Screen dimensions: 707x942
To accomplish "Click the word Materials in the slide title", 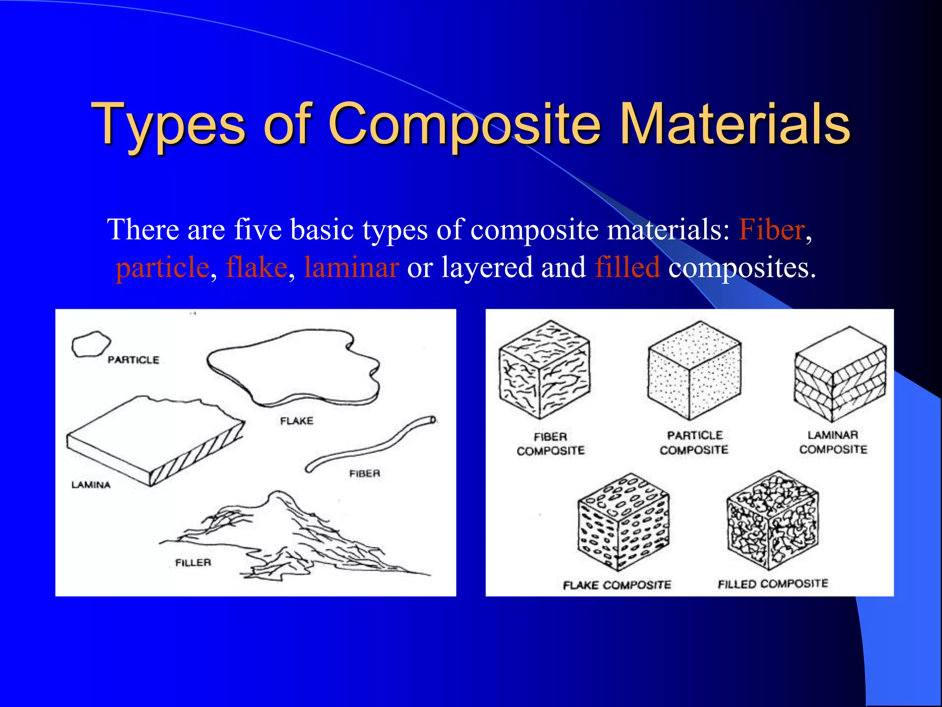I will [735, 123].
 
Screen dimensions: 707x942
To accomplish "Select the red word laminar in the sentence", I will [351, 267].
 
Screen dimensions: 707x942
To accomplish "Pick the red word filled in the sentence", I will [627, 267].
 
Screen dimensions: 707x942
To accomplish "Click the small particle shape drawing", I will [91, 344].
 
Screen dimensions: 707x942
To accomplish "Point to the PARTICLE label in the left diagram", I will [133, 360].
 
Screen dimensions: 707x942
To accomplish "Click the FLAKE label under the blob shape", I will [297, 421].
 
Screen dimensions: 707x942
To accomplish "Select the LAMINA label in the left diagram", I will [91, 485].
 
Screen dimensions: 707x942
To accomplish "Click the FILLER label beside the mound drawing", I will [193, 562].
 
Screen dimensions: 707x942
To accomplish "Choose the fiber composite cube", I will [545, 370].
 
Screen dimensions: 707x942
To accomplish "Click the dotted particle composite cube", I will [694, 371].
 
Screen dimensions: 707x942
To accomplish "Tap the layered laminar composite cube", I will [840, 374].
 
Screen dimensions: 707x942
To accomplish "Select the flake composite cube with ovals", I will [623, 522].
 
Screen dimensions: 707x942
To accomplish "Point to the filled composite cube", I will [772, 520].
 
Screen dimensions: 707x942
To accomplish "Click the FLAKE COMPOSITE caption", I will [617, 585].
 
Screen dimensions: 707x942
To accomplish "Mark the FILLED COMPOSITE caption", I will [773, 584].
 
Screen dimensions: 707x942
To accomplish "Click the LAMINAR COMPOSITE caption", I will [833, 442].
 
